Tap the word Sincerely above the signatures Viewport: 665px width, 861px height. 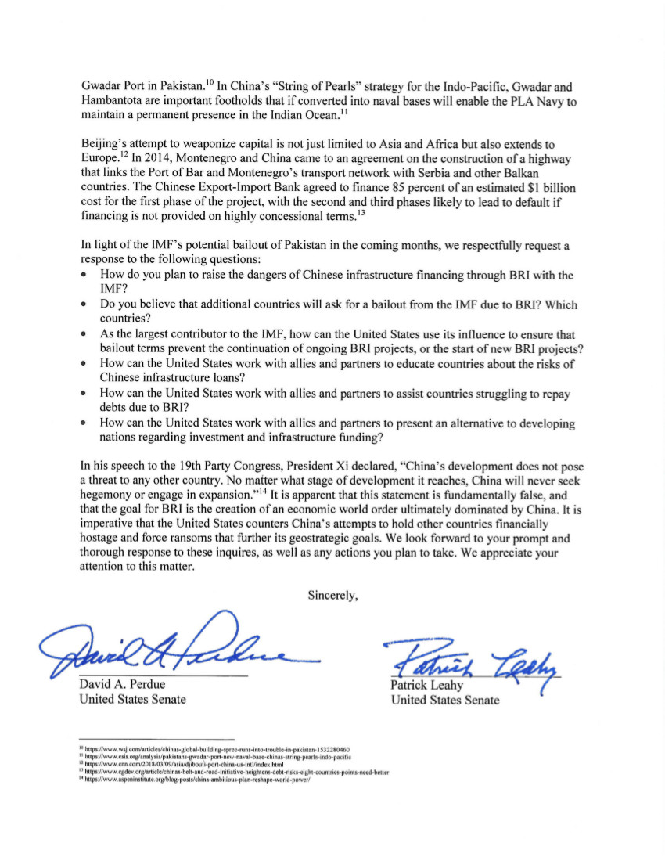tap(333, 595)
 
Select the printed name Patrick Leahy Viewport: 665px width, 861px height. tap(428, 686)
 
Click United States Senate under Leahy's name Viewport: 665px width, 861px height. tap(444, 700)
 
